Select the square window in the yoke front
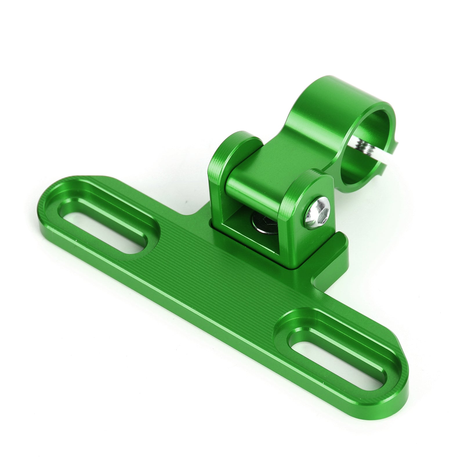(x=249, y=232)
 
